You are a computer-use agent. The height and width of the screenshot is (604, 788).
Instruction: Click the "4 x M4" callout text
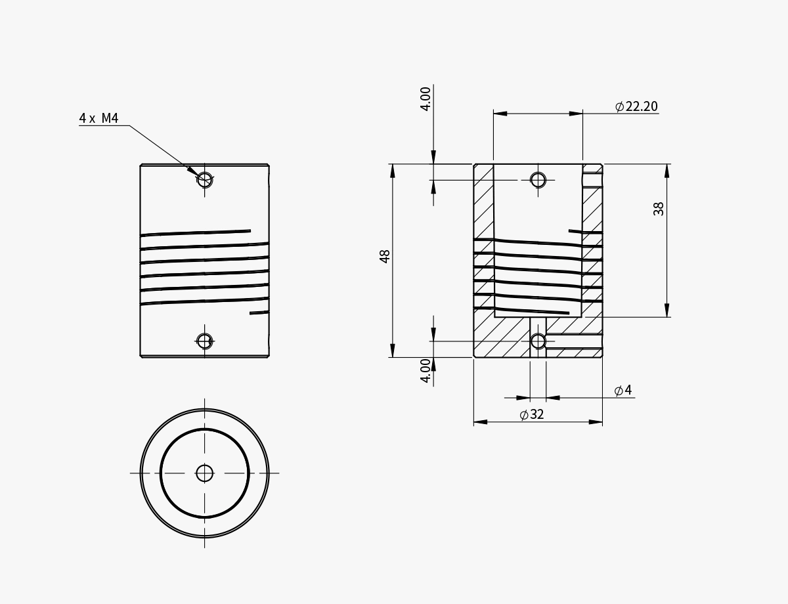pos(98,118)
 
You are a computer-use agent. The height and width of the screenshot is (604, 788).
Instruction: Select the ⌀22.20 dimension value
pos(636,106)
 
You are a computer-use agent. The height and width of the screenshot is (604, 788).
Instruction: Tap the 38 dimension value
pos(659,209)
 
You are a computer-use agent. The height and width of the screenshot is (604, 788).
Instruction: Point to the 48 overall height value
pos(385,256)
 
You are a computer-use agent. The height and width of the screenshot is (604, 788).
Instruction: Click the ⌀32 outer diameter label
pos(532,415)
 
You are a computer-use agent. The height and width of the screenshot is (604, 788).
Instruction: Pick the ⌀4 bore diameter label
pos(623,391)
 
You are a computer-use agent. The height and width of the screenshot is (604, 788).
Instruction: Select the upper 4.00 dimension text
pos(426,98)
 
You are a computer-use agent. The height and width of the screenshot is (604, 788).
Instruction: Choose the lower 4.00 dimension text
pos(426,371)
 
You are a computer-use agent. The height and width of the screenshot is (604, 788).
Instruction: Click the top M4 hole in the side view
pos(205,179)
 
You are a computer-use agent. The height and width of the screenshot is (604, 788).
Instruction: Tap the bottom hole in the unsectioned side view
pos(205,341)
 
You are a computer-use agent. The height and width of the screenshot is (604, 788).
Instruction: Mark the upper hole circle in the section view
pos(538,179)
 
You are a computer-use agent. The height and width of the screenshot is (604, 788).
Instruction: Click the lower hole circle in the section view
pos(538,341)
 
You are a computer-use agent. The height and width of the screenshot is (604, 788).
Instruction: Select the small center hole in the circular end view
pos(205,473)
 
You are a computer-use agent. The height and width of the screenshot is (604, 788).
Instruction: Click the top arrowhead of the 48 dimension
pos(393,170)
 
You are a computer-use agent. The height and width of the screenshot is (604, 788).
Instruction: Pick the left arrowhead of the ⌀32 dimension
pos(480,422)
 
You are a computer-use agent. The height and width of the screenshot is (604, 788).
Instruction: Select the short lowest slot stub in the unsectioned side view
pos(259,313)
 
